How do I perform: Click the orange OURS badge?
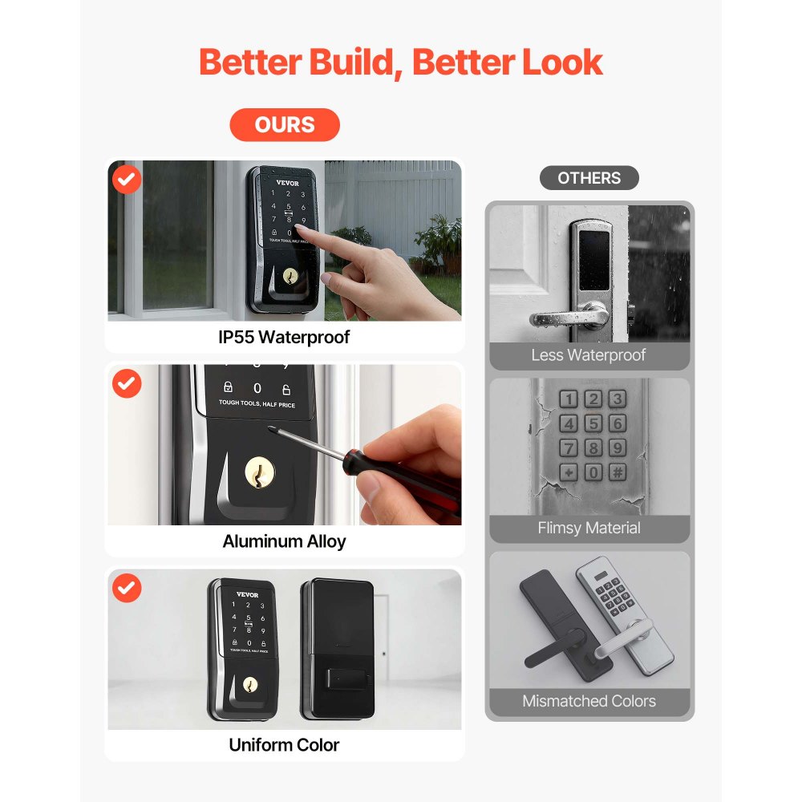285,125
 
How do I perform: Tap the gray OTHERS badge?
589,178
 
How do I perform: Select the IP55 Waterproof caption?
284,338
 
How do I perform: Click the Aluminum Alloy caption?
284,541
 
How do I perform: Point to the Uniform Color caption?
284,745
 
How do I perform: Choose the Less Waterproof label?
589,355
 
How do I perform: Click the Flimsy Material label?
589,529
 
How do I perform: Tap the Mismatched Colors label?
589,702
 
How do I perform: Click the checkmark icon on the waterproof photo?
126,180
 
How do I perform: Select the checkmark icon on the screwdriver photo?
126,384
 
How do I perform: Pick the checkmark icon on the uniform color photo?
126,589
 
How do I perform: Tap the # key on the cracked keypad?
617,472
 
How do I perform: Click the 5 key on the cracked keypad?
593,423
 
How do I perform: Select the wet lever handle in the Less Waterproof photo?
565,317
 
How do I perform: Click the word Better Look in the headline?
508,63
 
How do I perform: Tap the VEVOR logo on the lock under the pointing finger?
287,182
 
